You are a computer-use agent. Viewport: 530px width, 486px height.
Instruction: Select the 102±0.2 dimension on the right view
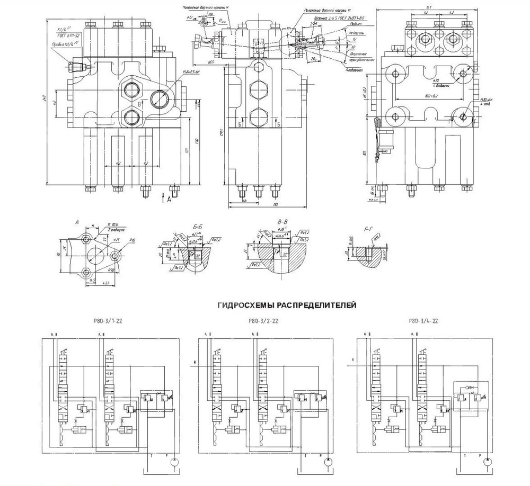[427, 96]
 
